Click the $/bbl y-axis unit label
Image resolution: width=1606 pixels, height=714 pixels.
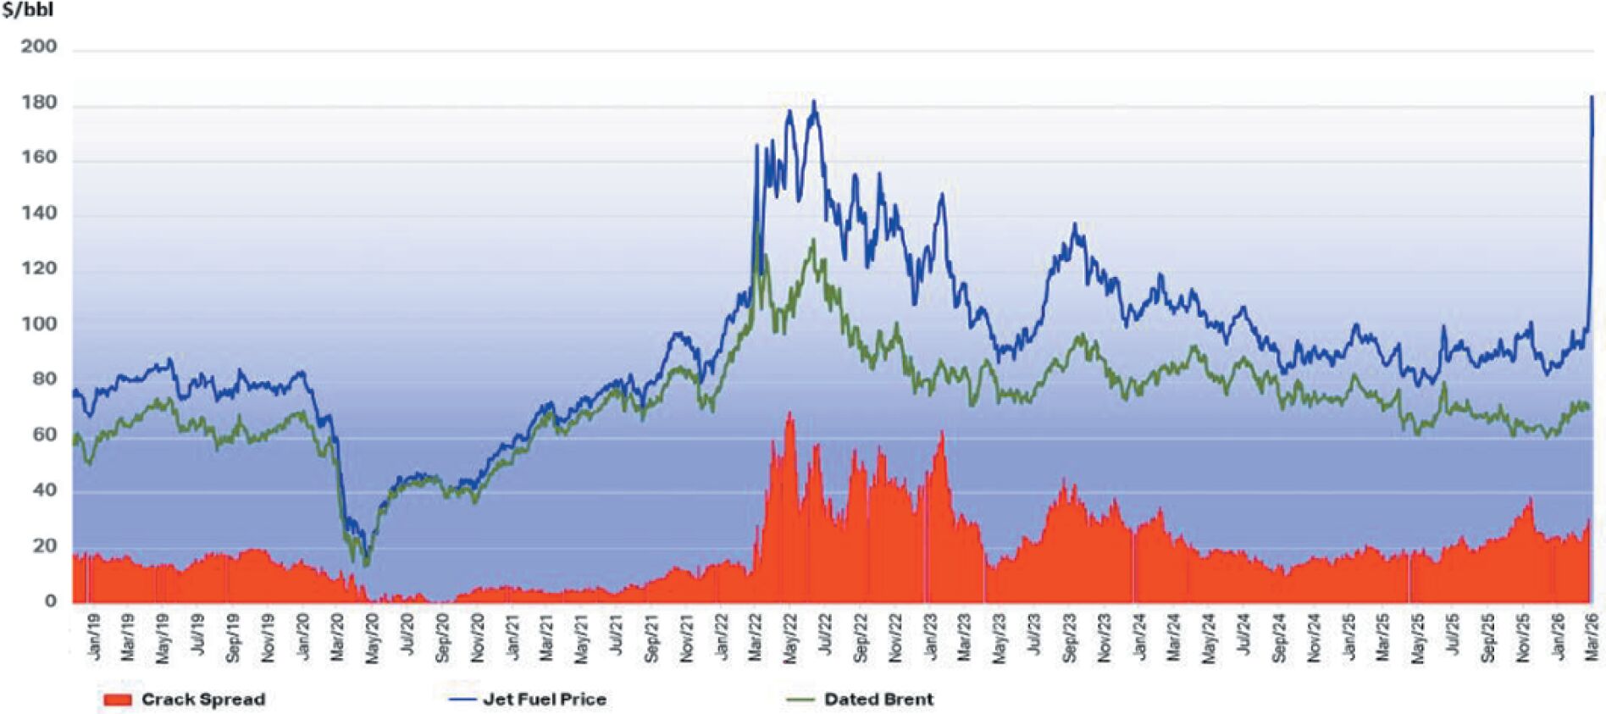tap(27, 10)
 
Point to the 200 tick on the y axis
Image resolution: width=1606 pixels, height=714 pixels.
tap(39, 47)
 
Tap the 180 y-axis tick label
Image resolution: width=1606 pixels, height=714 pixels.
tap(39, 103)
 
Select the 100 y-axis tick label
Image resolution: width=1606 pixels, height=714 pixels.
tap(39, 324)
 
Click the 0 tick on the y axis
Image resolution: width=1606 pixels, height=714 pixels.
tap(51, 601)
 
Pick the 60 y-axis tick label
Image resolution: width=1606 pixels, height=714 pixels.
tap(44, 435)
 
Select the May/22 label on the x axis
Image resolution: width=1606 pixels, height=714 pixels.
tap(790, 637)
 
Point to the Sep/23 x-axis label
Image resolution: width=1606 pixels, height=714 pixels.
tap(1070, 637)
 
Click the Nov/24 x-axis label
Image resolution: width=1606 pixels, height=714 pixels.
tap(1314, 637)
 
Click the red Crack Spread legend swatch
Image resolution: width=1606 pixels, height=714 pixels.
tap(117, 700)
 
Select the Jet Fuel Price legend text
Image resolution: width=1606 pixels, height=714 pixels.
tap(544, 700)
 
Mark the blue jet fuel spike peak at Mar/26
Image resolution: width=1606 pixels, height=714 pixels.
tap(1592, 97)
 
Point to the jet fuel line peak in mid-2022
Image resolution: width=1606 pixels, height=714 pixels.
tap(814, 102)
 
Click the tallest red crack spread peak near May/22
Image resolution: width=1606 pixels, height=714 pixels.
tap(790, 413)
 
